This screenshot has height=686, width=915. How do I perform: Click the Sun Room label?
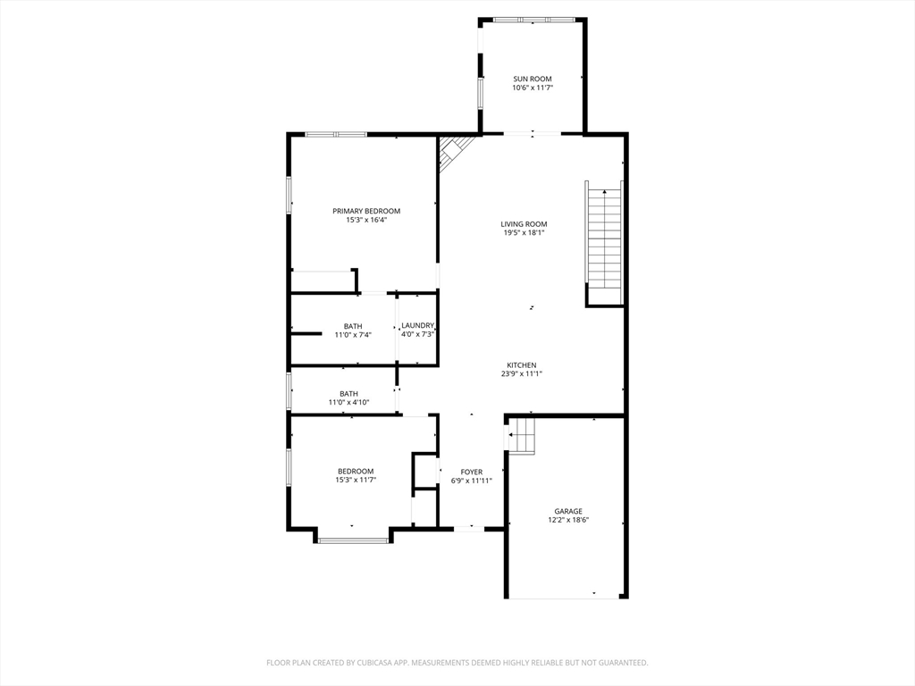533,79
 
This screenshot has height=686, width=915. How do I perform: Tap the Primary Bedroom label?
366,211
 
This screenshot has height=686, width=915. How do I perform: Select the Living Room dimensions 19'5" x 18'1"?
524,233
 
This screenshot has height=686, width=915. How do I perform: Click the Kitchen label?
521,365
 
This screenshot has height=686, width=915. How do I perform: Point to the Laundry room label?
418,325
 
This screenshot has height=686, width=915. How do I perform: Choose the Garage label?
568,512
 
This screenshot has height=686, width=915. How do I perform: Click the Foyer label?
472,472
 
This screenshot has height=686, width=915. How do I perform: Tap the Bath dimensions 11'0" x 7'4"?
353,335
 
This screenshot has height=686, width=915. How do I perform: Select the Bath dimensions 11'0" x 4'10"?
349,403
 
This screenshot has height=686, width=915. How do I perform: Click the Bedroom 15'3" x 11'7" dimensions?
356,480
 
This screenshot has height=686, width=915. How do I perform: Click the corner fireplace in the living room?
453,152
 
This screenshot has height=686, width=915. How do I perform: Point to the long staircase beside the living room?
605,243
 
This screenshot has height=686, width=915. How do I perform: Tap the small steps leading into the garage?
522,435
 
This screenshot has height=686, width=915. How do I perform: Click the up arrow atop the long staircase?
605,191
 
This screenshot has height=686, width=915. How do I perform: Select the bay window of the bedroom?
353,540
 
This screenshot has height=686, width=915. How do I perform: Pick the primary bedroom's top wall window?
336,135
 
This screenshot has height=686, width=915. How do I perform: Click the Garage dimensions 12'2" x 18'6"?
568,521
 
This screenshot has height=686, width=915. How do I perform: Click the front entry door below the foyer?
469,529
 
